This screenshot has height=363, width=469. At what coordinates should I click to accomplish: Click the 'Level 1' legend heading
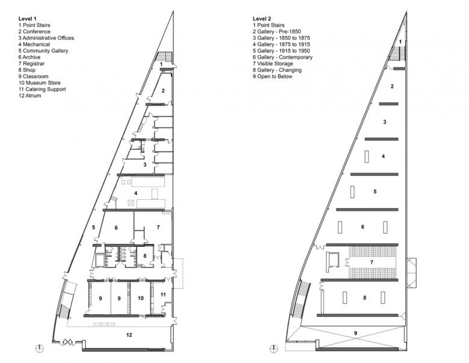click(28, 19)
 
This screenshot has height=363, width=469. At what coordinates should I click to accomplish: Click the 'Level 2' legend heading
click(262, 19)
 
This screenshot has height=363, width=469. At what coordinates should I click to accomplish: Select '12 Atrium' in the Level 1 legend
click(29, 96)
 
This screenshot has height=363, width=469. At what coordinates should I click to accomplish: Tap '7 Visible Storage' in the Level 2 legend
click(273, 63)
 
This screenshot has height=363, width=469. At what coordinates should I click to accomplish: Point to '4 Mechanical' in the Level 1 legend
click(34, 45)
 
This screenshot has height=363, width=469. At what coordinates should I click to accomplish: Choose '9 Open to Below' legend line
click(272, 76)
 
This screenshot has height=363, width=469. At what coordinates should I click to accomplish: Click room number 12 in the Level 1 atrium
click(129, 335)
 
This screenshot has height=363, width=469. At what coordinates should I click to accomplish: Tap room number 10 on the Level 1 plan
click(141, 298)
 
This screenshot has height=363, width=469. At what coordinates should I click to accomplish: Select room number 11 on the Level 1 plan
click(163, 295)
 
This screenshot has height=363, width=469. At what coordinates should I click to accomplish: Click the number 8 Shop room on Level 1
click(145, 256)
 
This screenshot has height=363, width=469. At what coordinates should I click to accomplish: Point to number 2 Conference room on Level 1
click(163, 90)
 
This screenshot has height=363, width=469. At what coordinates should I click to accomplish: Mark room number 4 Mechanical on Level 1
click(135, 193)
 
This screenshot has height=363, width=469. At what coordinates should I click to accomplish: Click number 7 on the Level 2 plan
click(372, 262)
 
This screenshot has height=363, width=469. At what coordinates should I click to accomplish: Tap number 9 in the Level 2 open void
click(355, 333)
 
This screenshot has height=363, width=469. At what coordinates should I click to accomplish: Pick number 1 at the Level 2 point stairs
click(400, 41)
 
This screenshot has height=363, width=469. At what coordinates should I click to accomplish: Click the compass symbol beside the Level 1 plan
click(40, 349)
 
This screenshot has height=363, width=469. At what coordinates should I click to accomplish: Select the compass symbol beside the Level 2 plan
click(274, 349)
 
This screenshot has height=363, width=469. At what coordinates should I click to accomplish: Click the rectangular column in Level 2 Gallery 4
click(367, 157)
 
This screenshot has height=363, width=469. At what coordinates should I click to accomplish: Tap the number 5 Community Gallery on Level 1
click(93, 228)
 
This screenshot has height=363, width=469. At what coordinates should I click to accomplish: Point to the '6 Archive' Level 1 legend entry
click(29, 57)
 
